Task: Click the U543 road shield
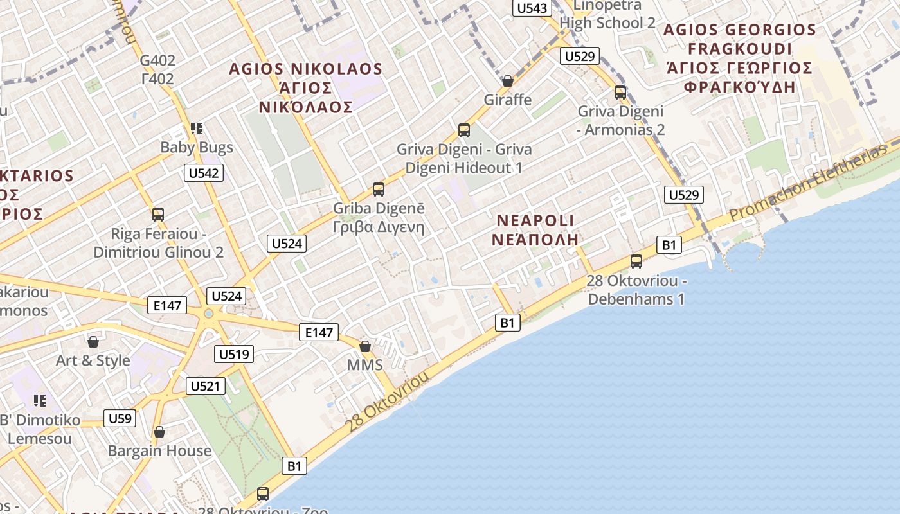tap(532, 8)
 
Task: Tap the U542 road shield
tap(204, 172)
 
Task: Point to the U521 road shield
tap(206, 385)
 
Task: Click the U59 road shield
tap(120, 419)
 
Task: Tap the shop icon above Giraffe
tap(508, 81)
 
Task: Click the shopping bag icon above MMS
tap(365, 346)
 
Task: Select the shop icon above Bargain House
tap(159, 432)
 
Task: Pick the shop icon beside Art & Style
tap(93, 341)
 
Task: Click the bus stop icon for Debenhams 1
tap(636, 261)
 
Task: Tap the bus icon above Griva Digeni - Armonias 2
tap(620, 93)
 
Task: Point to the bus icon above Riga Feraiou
tap(158, 215)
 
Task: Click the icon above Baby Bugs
tap(197, 128)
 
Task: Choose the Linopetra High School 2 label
tap(607, 15)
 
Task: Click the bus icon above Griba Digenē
tap(379, 190)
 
